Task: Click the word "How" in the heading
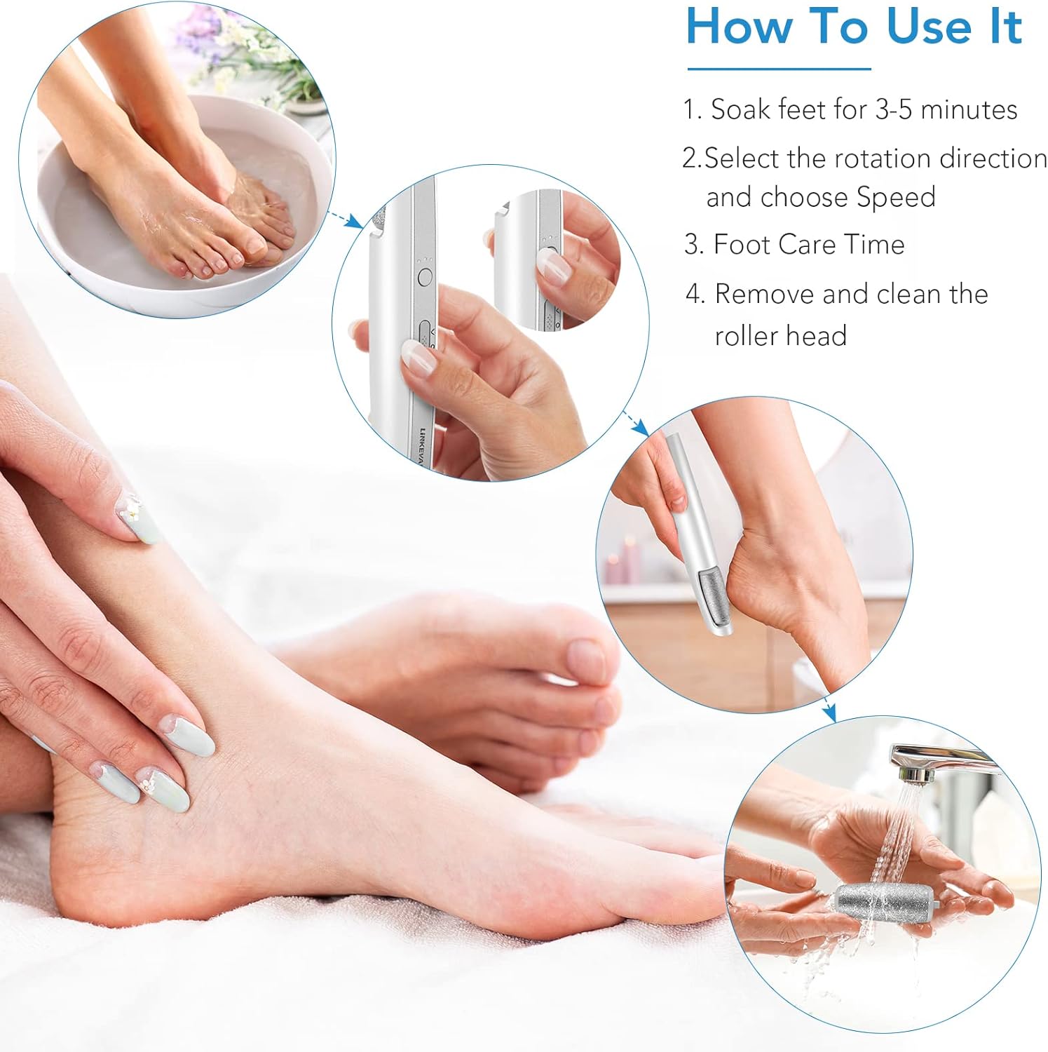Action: (740, 27)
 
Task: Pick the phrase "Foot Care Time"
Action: (808, 245)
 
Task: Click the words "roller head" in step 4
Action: (780, 335)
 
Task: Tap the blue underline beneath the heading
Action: (778, 69)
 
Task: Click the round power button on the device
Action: (424, 277)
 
